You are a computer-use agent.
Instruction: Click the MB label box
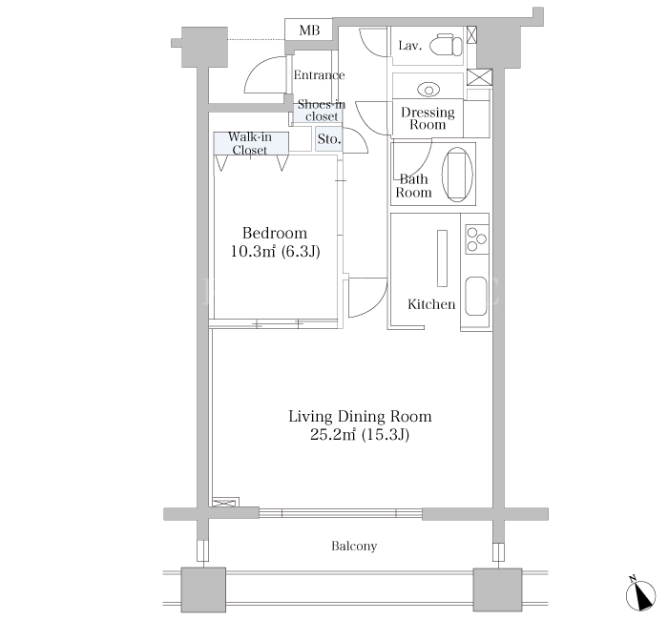[x=308, y=30]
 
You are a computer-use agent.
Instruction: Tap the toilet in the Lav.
[x=446, y=45]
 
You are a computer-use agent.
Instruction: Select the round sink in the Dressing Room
[x=428, y=90]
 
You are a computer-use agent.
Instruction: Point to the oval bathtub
[x=457, y=175]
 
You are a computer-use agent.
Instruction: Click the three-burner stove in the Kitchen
[x=477, y=239]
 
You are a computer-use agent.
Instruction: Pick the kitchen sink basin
[x=476, y=297]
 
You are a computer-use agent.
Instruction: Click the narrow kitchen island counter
[x=442, y=258]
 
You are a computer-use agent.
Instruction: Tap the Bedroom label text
[x=275, y=233]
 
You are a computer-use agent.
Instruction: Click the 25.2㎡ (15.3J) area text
[x=360, y=435]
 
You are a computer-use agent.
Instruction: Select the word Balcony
[x=354, y=546]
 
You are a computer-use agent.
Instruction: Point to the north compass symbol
[x=640, y=593]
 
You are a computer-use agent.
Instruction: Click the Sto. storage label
[x=329, y=139]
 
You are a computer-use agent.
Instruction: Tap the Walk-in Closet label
[x=250, y=143]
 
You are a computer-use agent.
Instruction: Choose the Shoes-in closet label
[x=322, y=110]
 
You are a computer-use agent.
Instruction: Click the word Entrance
[x=319, y=75]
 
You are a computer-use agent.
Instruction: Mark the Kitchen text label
[x=431, y=304]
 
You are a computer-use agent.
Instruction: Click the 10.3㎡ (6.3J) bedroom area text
[x=275, y=251]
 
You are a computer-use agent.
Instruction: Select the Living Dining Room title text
[x=360, y=416]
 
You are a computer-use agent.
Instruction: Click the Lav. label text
[x=409, y=46]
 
